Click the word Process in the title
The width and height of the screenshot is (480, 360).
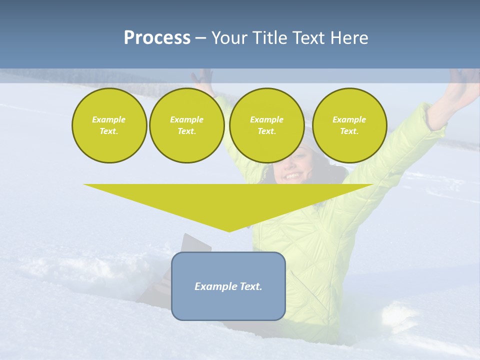157,38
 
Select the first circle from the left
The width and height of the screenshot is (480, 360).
109,125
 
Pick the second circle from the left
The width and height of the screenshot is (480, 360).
186,125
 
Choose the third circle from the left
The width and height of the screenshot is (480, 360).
266,125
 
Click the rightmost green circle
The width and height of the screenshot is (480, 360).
349,125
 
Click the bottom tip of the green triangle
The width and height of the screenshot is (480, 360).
229,231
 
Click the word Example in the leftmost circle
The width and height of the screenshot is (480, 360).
109,119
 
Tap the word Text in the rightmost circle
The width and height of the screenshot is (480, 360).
349,131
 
